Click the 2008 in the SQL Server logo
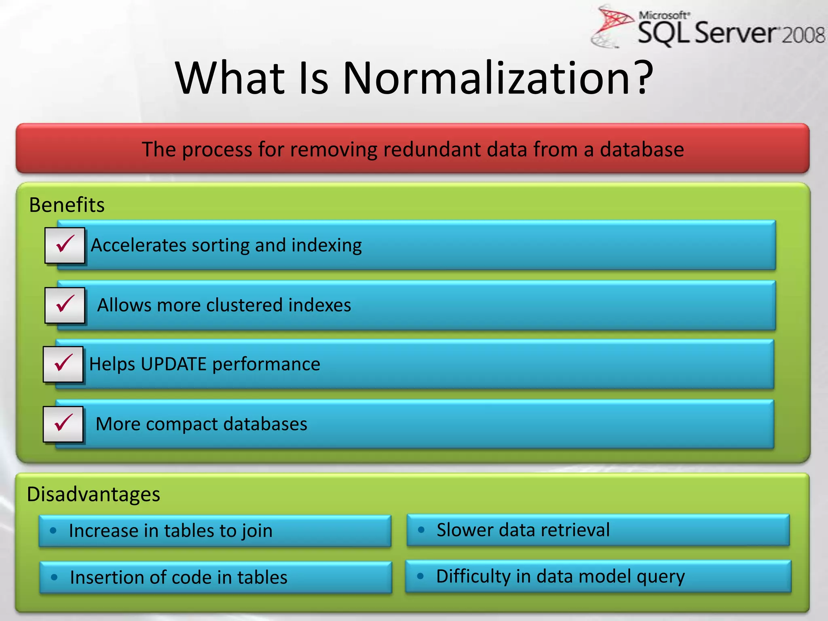pos(803,35)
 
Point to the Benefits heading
pos(67,205)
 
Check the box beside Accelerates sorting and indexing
pos(65,245)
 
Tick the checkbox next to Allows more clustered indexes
pos(65,305)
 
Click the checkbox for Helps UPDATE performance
pos(63,364)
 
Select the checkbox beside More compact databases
pos(63,424)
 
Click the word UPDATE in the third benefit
pos(174,364)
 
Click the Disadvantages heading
pos(93,494)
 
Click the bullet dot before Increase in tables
pos(53,530)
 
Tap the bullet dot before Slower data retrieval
pos(421,530)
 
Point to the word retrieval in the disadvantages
pos(575,530)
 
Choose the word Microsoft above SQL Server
pos(663,15)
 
